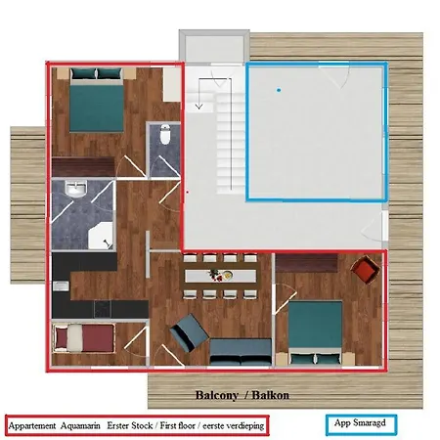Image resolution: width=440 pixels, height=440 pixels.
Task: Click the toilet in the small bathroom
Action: (x=165, y=134)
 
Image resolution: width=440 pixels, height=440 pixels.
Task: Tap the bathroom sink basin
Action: (x=76, y=189)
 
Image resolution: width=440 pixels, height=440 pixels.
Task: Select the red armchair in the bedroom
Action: (x=365, y=270)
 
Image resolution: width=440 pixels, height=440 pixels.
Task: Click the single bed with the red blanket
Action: (x=84, y=338)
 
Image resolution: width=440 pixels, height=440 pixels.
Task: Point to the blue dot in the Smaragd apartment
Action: (x=279, y=90)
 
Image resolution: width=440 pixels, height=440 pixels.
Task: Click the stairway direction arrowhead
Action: (x=198, y=106)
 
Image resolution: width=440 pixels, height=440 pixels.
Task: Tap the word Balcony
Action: (x=217, y=395)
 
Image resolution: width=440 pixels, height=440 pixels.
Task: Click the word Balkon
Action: (x=271, y=395)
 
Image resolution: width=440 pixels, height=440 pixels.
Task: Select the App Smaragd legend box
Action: (x=361, y=424)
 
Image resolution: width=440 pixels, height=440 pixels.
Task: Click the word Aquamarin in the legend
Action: (x=80, y=425)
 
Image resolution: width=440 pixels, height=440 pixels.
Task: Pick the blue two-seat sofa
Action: (x=241, y=352)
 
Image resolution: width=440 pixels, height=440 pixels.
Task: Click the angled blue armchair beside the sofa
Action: (x=190, y=332)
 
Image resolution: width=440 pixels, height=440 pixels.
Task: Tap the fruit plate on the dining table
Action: (x=221, y=276)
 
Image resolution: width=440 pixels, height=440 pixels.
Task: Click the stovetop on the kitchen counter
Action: (x=103, y=309)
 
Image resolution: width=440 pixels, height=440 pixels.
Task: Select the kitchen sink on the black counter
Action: (x=61, y=286)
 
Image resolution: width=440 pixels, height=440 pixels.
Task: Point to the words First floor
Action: (x=178, y=425)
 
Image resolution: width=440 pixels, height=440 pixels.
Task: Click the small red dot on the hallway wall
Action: (x=187, y=193)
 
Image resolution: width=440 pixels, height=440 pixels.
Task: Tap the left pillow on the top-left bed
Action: (x=84, y=73)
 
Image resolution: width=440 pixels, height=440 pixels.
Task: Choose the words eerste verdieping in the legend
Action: (x=234, y=426)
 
